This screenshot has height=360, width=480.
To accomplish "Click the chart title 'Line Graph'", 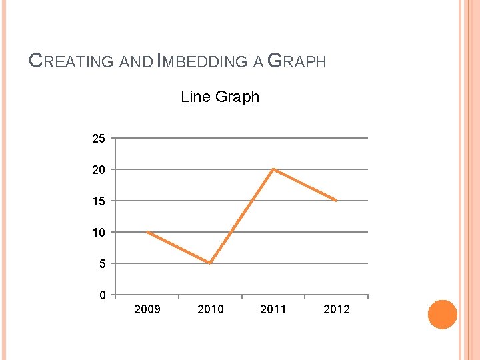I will click(x=220, y=97).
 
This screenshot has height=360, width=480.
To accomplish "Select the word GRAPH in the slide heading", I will click(x=297, y=62).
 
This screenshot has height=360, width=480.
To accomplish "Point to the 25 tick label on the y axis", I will click(x=98, y=139).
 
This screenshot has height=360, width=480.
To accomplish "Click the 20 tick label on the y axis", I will click(x=98, y=170).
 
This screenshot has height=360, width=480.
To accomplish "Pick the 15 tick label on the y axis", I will click(x=98, y=201).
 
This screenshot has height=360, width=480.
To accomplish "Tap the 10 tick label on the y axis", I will click(x=98, y=233).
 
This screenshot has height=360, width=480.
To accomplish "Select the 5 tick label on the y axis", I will click(x=101, y=264).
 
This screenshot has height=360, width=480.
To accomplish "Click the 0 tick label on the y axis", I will click(x=101, y=295).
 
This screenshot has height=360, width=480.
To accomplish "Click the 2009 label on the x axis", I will click(x=147, y=309).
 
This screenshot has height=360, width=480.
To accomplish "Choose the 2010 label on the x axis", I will click(x=211, y=309).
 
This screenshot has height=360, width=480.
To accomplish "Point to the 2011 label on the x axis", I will click(x=273, y=309).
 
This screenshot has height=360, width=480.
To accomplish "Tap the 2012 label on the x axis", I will click(x=337, y=309).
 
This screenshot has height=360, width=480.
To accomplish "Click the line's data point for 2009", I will click(x=147, y=232).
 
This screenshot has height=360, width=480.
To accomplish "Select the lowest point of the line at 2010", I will click(x=210, y=263).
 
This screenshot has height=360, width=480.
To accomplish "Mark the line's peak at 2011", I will click(x=273, y=169).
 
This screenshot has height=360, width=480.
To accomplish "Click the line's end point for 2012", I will click(x=336, y=200).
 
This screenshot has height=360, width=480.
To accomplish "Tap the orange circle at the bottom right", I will click(x=442, y=314).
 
